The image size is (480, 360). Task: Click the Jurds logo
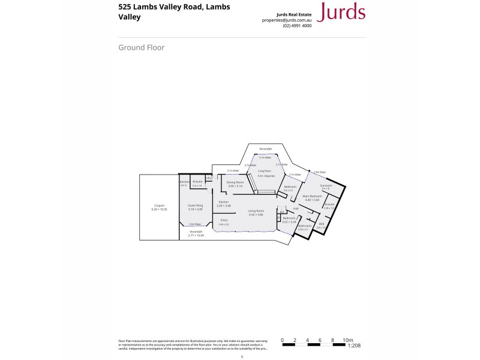point(340,11)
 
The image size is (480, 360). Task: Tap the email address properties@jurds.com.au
point(287,20)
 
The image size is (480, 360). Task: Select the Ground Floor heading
point(142,48)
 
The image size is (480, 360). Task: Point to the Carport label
point(159,206)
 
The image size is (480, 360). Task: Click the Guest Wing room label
point(196,206)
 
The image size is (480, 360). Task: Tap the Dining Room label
point(235,182)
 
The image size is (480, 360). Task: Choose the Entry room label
point(224,220)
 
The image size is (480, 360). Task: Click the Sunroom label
point(326,185)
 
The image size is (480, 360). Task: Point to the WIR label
point(322,224)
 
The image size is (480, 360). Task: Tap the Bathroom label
point(304,226)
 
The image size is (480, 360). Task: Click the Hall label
point(296,208)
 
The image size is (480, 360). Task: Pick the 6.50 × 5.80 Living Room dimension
point(256,214)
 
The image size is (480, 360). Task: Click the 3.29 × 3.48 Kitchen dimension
point(224,206)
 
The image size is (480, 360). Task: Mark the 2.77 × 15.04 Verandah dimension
point(196,235)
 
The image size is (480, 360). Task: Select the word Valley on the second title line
point(130,17)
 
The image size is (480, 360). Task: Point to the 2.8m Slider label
point(320,172)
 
